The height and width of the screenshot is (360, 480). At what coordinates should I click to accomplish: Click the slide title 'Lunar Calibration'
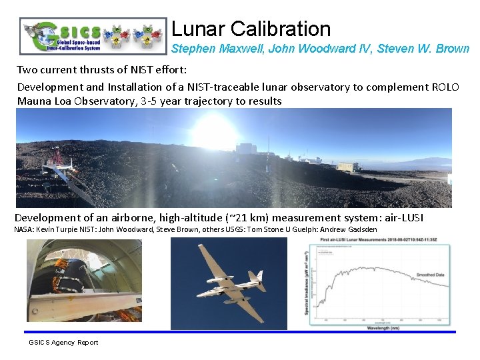pyautogui.click(x=251, y=29)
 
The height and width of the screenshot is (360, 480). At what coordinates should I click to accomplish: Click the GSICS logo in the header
pyautogui.click(x=93, y=35)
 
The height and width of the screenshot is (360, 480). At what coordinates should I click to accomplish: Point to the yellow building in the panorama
pyautogui.click(x=347, y=167)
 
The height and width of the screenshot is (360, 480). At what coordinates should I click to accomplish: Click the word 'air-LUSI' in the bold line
pyautogui.click(x=399, y=218)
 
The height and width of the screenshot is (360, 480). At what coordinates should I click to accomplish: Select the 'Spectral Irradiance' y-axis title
pyautogui.click(x=307, y=280)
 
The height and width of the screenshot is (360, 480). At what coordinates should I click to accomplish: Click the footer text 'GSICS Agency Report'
pyautogui.click(x=63, y=343)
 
